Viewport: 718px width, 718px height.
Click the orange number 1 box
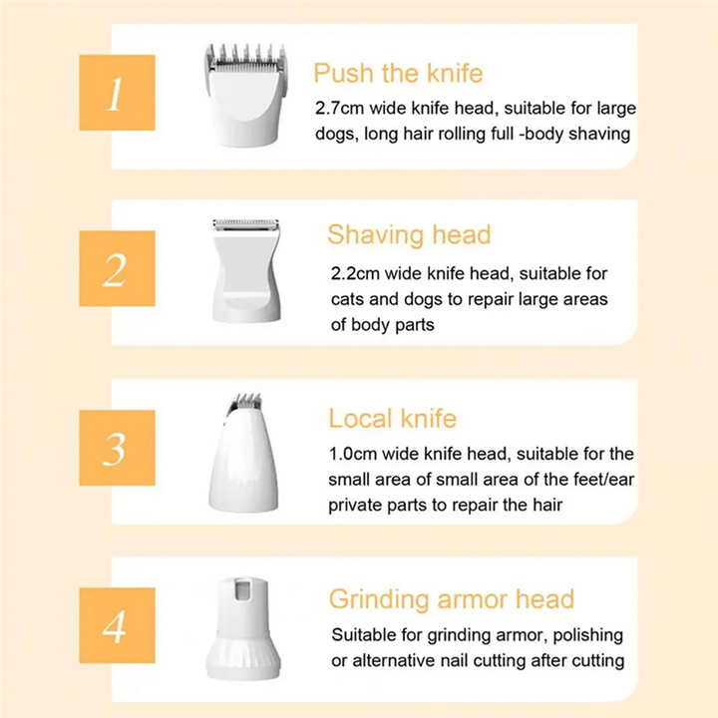pyautogui.click(x=118, y=93)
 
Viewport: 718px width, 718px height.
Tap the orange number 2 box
pyautogui.click(x=118, y=268)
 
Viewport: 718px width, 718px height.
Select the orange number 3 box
pyautogui.click(x=118, y=448)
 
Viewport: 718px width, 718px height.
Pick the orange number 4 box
pyautogui.click(x=118, y=625)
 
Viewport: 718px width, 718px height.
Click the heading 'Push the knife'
pyautogui.click(x=398, y=73)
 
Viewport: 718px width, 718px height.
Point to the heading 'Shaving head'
pyautogui.click(x=410, y=235)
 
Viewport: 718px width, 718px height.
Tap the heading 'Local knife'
pyautogui.click(x=393, y=419)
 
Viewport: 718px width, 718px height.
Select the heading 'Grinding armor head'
pyautogui.click(x=452, y=599)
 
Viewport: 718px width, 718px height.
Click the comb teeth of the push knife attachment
pyautogui.click(x=246, y=56)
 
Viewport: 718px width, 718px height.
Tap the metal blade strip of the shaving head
pyautogui.click(x=246, y=224)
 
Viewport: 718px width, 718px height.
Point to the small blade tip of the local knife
pyautogui.click(x=243, y=401)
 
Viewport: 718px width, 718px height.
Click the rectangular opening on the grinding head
pyautogui.click(x=242, y=589)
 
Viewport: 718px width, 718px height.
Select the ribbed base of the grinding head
pyautogui.click(x=243, y=656)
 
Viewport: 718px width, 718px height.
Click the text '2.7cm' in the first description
pyautogui.click(x=340, y=109)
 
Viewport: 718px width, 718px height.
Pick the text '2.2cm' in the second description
pyautogui.click(x=356, y=274)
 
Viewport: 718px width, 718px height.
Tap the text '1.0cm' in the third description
pyautogui.click(x=353, y=455)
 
